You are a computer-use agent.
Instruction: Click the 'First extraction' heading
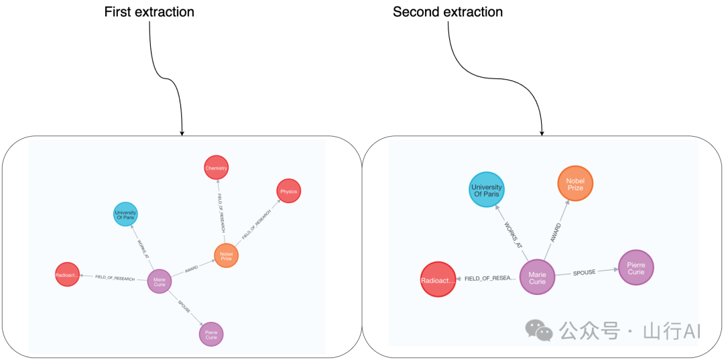[149, 12]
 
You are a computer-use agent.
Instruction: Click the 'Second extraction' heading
[447, 12]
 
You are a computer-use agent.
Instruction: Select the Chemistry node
[217, 168]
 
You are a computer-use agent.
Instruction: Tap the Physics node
[288, 191]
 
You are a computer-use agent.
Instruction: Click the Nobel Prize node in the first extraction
[226, 255]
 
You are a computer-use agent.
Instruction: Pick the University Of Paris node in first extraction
[125, 215]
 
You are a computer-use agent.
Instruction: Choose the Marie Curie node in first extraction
[160, 280]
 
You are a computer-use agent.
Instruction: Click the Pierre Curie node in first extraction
[211, 334]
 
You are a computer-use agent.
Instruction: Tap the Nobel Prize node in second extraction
[575, 184]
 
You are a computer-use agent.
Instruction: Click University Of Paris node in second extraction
[486, 191]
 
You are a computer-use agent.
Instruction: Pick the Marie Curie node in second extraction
[538, 277]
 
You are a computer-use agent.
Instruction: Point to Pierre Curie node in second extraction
[636, 267]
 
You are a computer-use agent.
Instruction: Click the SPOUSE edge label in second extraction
[583, 273]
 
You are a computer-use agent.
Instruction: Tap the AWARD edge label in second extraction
[555, 233]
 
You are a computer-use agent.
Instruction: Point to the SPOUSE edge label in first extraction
[184, 307]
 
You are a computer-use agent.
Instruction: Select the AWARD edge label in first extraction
[191, 269]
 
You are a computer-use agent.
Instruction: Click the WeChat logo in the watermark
[540, 330]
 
